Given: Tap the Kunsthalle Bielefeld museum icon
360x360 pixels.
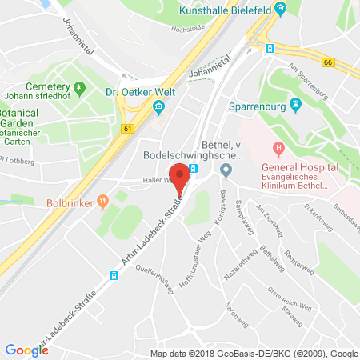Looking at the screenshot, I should [280, 10].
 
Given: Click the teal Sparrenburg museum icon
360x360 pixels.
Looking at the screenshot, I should [296, 103].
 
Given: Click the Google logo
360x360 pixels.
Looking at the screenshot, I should [26, 350].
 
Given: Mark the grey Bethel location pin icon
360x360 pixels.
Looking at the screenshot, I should [226, 169].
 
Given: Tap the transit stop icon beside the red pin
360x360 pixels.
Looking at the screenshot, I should [193, 169].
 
